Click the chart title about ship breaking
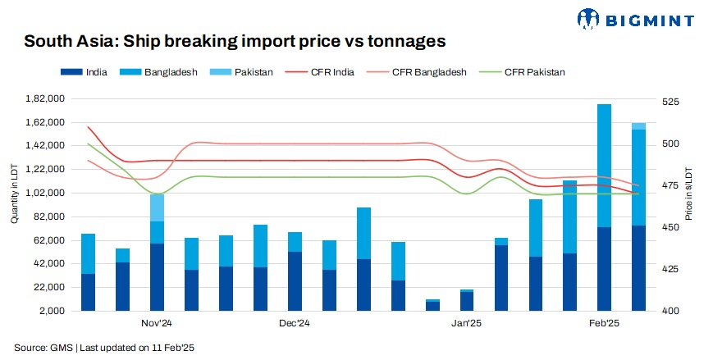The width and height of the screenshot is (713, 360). (x=235, y=40)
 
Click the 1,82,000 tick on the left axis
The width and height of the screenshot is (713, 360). (x=47, y=99)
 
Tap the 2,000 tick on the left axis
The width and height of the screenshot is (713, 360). (x=53, y=312)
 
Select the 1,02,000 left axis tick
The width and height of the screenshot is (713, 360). (x=47, y=194)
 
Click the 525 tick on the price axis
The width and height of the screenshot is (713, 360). (x=670, y=103)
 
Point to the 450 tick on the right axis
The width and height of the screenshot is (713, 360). (x=670, y=228)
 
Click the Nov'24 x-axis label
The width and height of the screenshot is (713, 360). (x=156, y=324)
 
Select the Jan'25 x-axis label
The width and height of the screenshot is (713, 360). (x=466, y=324)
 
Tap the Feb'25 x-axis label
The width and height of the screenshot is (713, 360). (x=604, y=324)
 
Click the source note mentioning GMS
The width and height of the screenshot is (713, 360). (x=104, y=348)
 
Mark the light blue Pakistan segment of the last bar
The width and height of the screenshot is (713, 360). (x=638, y=126)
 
